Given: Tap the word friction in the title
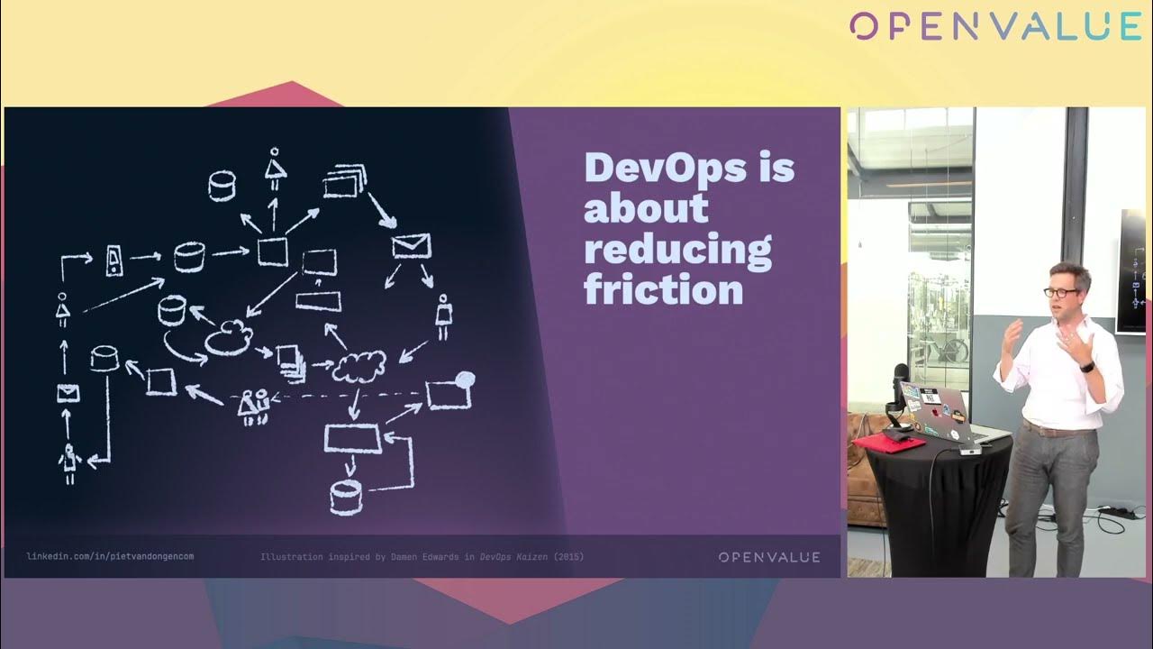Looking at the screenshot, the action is pos(664,289).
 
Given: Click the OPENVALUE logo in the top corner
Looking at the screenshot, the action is pos(995,26).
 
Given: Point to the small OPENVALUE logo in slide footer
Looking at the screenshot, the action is pos(769,557).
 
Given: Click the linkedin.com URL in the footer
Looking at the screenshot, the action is pos(110,556).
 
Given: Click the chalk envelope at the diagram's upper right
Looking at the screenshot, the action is pos(412,246).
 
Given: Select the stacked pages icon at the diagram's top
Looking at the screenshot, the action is pos(345,181).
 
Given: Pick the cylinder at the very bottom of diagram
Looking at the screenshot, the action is pos(346,498).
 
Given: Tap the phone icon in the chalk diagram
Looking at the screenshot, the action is pos(113,261).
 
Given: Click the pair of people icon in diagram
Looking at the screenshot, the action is pos(254,407).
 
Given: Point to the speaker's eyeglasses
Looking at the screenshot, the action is pos(1061,292).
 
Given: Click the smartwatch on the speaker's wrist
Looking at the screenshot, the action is pos(1087,367).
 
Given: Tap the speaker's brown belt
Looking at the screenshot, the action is pos(1055,429).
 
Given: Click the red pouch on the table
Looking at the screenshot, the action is pos(884,442).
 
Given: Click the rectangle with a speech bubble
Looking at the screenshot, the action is pos(449,391).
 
